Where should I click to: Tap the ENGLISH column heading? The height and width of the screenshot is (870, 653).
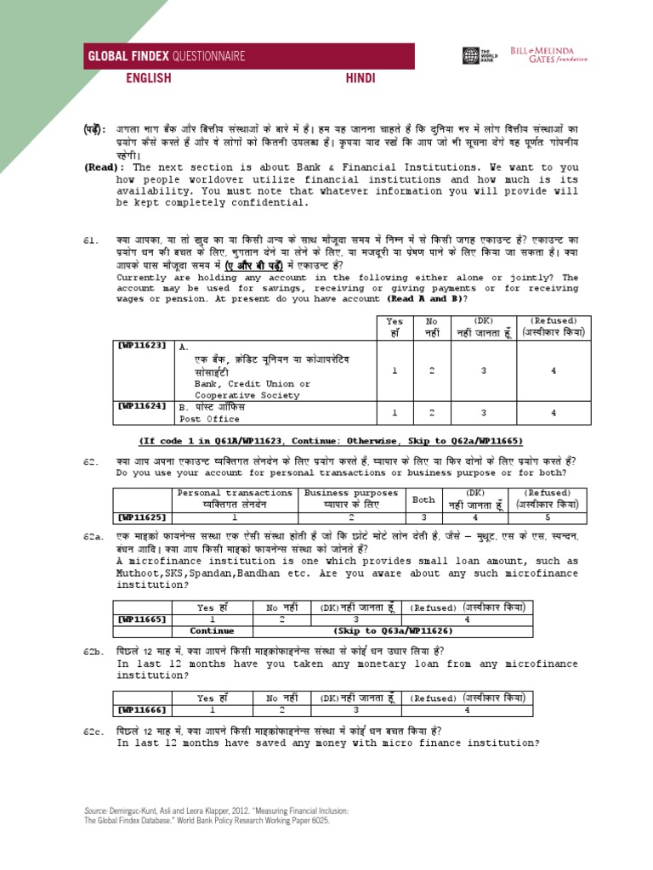click(x=149, y=78)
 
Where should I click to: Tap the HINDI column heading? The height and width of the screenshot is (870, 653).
click(x=360, y=78)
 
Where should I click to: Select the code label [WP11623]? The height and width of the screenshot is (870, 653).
click(x=143, y=347)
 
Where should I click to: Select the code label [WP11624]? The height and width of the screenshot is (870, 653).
click(x=143, y=406)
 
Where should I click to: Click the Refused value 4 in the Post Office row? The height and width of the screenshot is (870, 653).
click(x=553, y=412)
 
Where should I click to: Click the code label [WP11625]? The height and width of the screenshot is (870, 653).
click(x=143, y=516)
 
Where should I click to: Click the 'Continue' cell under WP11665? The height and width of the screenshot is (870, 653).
click(x=212, y=631)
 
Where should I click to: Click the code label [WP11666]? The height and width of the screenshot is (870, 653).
click(x=143, y=709)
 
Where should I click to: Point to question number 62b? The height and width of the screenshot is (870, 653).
click(x=93, y=650)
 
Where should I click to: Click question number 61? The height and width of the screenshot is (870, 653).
click(x=90, y=242)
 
